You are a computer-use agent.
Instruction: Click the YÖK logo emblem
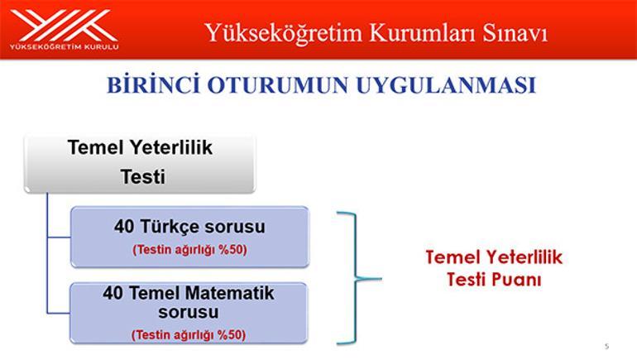click(65, 25)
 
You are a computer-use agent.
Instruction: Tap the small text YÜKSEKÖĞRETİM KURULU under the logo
click(65, 46)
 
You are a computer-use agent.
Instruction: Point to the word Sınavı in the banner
click(515, 33)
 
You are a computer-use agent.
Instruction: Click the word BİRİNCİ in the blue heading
click(154, 84)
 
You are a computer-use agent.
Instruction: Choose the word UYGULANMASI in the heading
click(446, 85)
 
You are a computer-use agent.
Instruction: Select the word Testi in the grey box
click(143, 177)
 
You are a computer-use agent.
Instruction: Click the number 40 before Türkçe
click(124, 227)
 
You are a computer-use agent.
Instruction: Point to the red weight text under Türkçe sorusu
click(189, 249)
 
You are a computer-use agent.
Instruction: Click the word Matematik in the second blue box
click(230, 293)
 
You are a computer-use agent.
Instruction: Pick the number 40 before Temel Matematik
click(113, 293)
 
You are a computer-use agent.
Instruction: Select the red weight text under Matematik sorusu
click(189, 335)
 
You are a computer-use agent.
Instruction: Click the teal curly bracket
click(356, 279)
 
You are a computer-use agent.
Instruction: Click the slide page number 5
click(607, 346)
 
